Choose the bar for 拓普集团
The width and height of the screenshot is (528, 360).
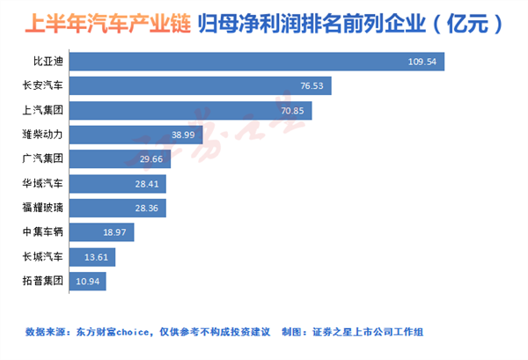[85, 281]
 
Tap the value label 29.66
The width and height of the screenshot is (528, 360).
[151, 159]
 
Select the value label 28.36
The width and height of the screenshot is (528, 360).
[149, 208]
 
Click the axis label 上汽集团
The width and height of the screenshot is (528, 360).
[43, 111]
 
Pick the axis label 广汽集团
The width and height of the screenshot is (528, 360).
[43, 159]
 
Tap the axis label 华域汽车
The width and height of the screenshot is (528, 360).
[43, 184]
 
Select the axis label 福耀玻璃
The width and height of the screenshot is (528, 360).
[43, 208]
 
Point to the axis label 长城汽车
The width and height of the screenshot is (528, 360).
[43, 257]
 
